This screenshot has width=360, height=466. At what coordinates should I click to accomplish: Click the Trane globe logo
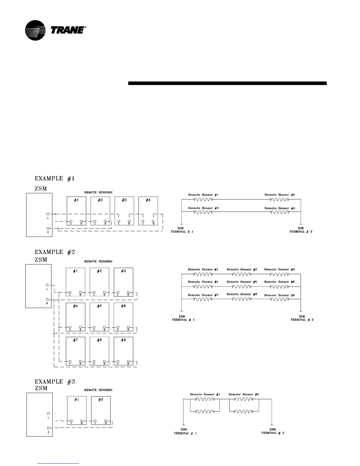[x=35, y=30]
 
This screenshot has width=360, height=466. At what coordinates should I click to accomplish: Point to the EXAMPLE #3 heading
[x=55, y=382]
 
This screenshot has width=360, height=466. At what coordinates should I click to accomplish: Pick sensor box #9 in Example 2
[x=124, y=351]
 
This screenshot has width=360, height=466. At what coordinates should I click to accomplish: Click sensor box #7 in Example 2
[x=76, y=351]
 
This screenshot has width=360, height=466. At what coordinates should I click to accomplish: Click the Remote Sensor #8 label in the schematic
[x=242, y=294]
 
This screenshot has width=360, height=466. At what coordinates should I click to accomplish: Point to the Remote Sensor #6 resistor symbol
[x=279, y=287]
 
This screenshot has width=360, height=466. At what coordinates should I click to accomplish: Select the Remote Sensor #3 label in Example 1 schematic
[x=203, y=208]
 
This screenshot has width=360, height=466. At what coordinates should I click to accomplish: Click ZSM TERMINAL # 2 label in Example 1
[x=301, y=230]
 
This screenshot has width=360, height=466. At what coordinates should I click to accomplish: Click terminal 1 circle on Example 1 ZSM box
[x=48, y=214]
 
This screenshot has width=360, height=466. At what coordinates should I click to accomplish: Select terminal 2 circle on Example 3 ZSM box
[x=48, y=428]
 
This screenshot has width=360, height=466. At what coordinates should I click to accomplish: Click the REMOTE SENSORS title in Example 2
[x=98, y=261]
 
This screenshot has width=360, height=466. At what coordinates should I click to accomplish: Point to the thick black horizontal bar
[x=227, y=83]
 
